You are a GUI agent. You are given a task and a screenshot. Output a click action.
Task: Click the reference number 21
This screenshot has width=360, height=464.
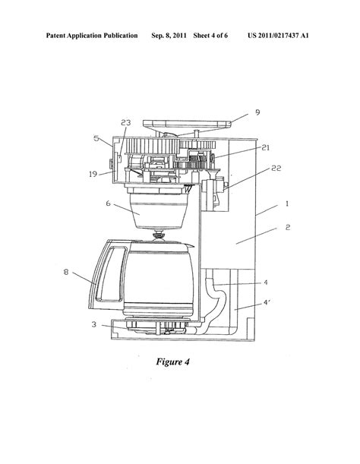pyautogui.click(x=266, y=149)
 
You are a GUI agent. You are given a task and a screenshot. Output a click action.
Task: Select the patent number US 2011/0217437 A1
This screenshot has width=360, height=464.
pyautogui.click(x=296, y=36)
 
